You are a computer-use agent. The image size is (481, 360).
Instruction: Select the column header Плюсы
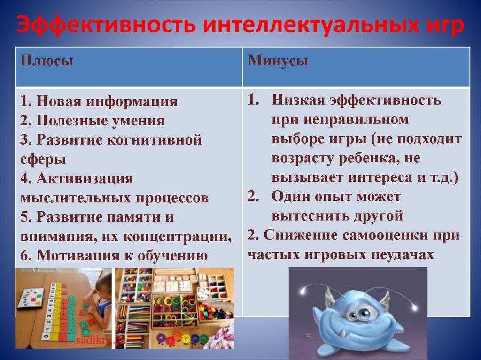pyautogui.click(x=47, y=61)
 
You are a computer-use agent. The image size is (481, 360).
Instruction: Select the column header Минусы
pyautogui.click(x=278, y=61)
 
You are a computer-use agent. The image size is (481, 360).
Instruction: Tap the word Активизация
pyautogui.click(x=85, y=178)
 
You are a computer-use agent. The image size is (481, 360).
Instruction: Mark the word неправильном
pyautogui.click(x=357, y=120)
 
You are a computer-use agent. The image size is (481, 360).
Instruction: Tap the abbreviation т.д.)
pyautogui.click(x=443, y=178)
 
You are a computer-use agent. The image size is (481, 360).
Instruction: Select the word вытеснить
pyautogui.click(x=310, y=216)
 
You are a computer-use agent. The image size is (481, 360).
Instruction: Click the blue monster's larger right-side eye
pyautogui.click(x=365, y=314)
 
